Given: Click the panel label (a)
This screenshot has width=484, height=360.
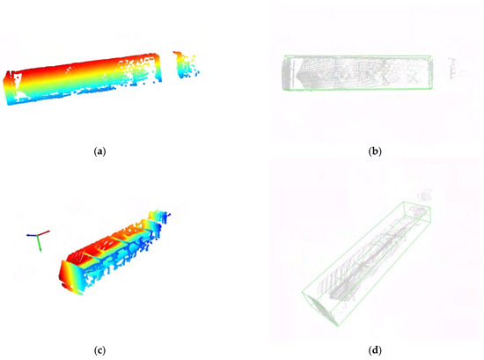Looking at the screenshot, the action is (99, 151).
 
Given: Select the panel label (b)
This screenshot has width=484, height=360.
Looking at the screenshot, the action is (375, 151).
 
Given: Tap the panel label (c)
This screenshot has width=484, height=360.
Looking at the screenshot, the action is (99, 350).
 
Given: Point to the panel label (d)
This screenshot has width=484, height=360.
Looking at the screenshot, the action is (375, 350).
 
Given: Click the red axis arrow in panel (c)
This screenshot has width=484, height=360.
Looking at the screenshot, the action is (43, 232).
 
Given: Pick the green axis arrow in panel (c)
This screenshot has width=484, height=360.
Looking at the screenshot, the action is (40, 243).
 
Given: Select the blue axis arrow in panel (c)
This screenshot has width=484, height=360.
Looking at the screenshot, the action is (32, 235).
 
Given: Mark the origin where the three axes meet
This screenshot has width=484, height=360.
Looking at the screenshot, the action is (38, 235).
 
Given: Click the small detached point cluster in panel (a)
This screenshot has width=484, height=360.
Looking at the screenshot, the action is (186, 65).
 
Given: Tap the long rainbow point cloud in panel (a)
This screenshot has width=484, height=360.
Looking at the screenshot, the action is (83, 78).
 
